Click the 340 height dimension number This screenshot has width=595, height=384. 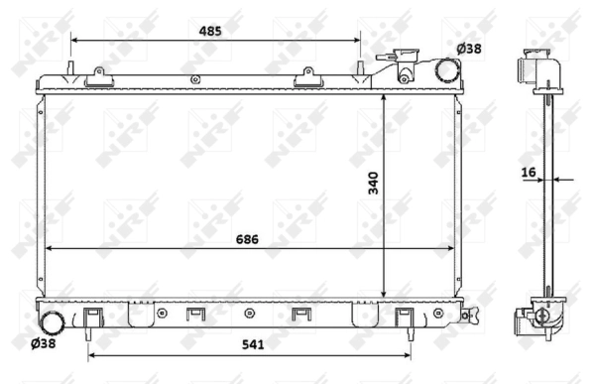(372, 184)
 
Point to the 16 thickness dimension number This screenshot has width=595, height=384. (530, 172)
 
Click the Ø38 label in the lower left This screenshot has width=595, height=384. (45, 344)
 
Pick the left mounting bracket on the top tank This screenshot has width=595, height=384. (97, 74)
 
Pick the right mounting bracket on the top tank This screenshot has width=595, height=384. (307, 74)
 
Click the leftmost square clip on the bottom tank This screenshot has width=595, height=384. (92, 317)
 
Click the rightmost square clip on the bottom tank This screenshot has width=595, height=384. (404, 317)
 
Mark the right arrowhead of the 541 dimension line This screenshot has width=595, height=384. (410, 352)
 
